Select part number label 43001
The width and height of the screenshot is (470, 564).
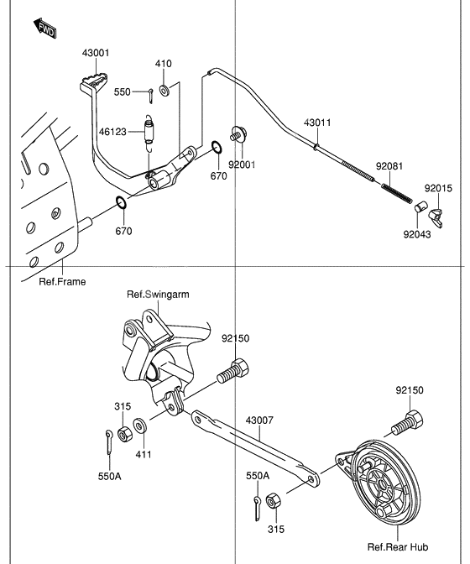96,53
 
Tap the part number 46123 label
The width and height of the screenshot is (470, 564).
112,131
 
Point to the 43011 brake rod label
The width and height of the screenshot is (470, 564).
317,123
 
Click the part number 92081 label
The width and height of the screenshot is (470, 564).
389,166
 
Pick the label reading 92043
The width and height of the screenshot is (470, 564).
416,234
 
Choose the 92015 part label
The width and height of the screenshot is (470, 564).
437,188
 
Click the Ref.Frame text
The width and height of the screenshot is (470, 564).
62,281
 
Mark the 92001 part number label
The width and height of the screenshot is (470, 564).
242,164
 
